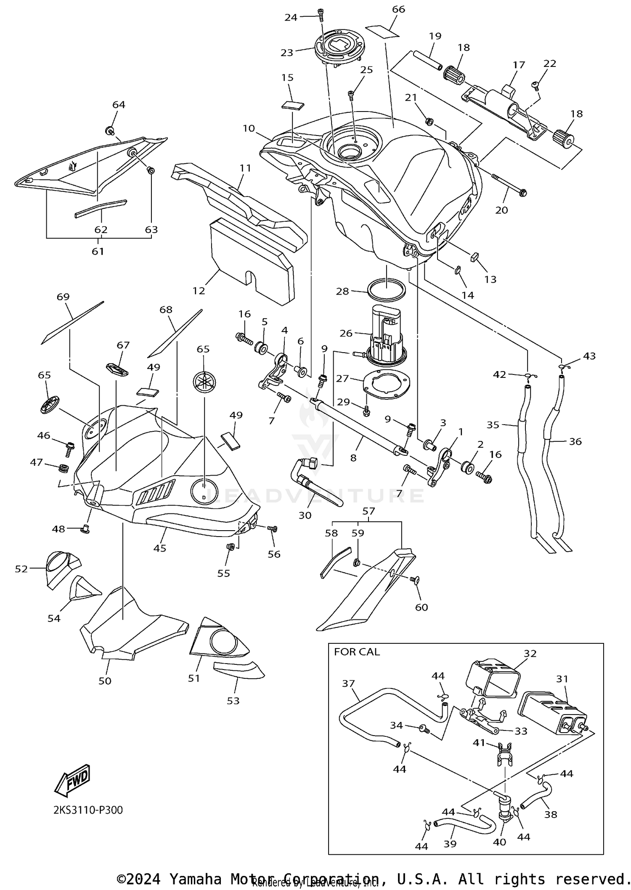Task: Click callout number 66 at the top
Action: [x=398, y=9]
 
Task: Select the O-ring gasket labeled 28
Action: [x=387, y=290]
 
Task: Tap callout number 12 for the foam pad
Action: [x=199, y=290]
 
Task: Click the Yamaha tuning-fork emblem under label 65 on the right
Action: [x=204, y=382]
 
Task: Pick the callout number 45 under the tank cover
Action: [x=160, y=548]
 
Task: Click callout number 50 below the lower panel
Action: [x=105, y=680]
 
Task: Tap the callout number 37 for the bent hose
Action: [x=348, y=683]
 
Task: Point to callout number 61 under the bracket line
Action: [x=98, y=251]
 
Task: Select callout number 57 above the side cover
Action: [x=369, y=511]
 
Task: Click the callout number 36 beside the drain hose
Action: [x=575, y=441]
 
